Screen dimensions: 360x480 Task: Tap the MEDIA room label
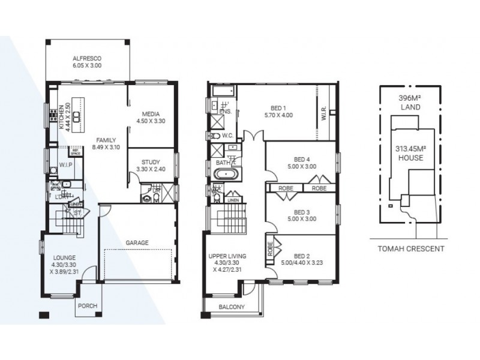(151, 114)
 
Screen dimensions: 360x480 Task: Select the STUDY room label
(151, 162)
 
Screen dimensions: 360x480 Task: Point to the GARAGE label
(137, 242)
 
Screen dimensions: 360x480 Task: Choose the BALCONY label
(231, 307)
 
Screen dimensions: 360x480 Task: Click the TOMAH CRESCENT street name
(411, 248)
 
